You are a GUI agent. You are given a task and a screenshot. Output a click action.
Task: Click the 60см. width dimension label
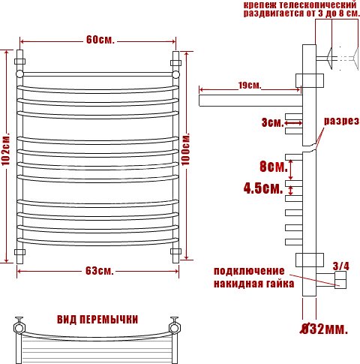100,40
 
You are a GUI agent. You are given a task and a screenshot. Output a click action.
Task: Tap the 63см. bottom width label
100,271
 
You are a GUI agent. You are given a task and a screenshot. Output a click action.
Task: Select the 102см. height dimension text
6,149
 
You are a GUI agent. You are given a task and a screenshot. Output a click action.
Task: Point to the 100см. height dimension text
185,149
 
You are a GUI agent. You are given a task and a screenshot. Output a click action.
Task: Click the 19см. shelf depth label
250,86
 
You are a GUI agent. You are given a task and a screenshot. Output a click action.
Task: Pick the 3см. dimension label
273,123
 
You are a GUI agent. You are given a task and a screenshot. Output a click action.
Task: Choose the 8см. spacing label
274,167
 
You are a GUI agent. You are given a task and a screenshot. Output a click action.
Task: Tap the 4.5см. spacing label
263,188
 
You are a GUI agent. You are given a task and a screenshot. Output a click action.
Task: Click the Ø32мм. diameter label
324,329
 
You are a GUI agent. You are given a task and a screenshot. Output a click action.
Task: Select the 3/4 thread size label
340,266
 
